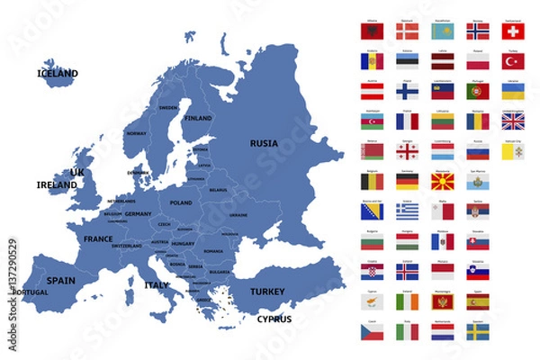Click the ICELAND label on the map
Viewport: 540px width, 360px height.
click(x=58, y=73)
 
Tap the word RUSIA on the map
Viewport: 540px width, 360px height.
click(x=264, y=142)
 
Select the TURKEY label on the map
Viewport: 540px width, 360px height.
click(x=266, y=292)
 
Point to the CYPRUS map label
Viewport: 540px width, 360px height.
click(x=274, y=319)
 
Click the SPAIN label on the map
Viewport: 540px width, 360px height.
click(x=61, y=280)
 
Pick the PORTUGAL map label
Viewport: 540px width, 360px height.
click(x=31, y=292)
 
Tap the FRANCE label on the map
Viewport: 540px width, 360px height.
click(x=98, y=239)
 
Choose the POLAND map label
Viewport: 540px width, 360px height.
click(x=181, y=203)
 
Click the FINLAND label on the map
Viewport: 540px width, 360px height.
click(x=198, y=118)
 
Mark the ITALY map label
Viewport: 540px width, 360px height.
click(x=157, y=285)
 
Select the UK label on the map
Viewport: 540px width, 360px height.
click(x=77, y=172)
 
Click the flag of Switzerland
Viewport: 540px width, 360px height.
click(x=513, y=31)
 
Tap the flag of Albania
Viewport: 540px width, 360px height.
click(x=372, y=31)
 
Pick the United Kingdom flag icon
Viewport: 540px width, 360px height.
click(x=513, y=121)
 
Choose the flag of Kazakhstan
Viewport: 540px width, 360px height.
click(x=443, y=31)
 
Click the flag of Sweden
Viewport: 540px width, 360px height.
click(x=478, y=332)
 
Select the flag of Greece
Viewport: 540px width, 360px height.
click(x=407, y=211)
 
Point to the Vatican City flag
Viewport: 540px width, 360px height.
click(x=513, y=152)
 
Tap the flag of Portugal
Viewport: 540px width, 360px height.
click(x=478, y=92)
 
